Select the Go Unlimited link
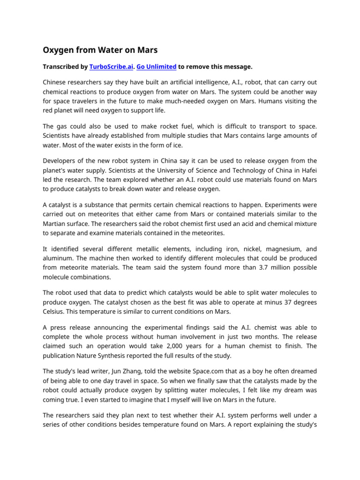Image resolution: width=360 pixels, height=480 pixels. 156,67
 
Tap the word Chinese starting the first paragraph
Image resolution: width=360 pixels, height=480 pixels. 56,83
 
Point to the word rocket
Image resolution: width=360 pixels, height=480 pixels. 169,126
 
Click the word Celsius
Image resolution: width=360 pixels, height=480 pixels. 56,311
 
